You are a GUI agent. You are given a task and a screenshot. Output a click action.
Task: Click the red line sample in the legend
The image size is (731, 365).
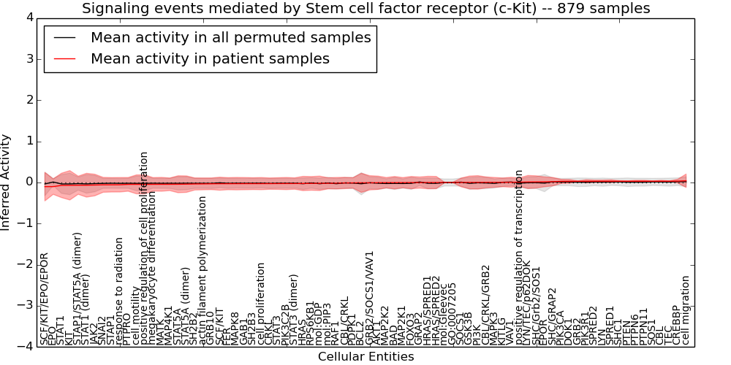coord(65,58)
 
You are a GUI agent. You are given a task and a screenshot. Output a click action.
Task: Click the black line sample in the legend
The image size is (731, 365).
coord(65,38)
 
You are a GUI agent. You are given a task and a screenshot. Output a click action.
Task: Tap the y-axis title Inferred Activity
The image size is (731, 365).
coord(7,182)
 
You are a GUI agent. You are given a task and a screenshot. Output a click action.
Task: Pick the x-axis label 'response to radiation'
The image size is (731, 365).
coord(119,291)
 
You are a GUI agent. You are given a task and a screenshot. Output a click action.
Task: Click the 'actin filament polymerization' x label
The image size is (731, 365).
coord(202,271)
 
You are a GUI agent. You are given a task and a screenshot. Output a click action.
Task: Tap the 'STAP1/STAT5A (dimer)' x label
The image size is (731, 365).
coord(77,288)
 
